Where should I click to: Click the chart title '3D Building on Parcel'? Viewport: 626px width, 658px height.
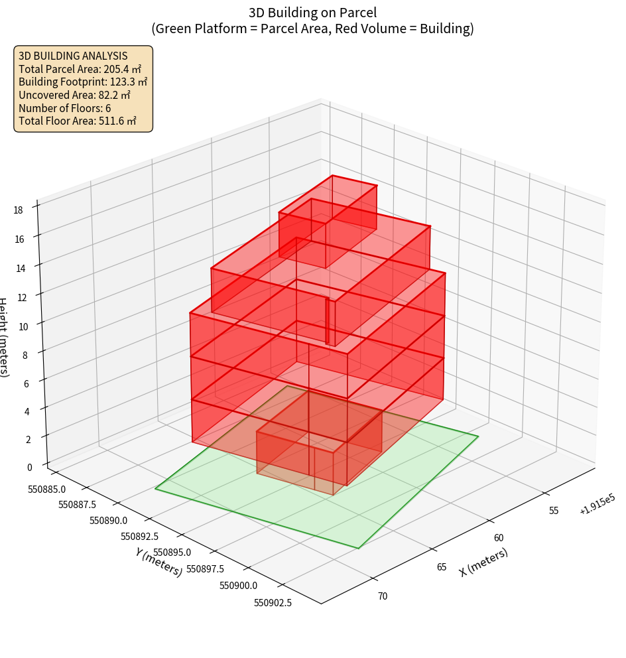313,13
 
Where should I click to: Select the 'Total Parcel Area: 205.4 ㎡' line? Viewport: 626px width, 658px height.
80,68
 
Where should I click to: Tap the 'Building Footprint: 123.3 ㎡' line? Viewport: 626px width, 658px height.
83,82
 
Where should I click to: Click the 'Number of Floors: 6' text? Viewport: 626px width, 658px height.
65,108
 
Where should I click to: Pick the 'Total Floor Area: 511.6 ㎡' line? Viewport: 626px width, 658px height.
78,121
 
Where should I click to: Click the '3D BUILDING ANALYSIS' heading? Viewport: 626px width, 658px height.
73,56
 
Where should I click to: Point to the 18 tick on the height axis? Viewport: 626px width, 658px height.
18,210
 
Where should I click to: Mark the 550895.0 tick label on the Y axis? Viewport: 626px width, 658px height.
172,552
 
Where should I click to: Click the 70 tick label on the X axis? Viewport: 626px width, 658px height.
383,596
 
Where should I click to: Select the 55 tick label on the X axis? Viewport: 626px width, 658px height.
554,510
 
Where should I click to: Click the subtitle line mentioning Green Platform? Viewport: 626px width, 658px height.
313,29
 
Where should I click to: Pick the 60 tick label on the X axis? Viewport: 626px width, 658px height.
499,538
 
